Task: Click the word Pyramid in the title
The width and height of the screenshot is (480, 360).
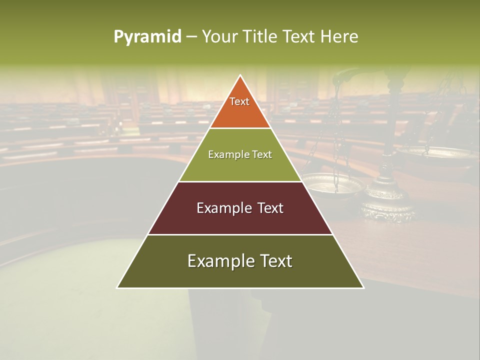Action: coord(147,37)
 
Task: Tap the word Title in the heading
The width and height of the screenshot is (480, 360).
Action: coord(260,36)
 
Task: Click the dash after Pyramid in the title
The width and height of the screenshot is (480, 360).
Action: coord(191,37)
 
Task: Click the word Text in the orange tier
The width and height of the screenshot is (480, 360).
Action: coord(239,101)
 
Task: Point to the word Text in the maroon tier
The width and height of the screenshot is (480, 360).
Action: coord(270,208)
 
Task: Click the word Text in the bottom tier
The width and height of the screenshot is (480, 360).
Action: coord(275,261)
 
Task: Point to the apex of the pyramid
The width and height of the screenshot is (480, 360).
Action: coord(240,75)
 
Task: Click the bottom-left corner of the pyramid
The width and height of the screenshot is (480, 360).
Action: coord(118,287)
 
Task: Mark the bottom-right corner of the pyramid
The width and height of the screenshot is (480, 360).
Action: coord(363,287)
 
